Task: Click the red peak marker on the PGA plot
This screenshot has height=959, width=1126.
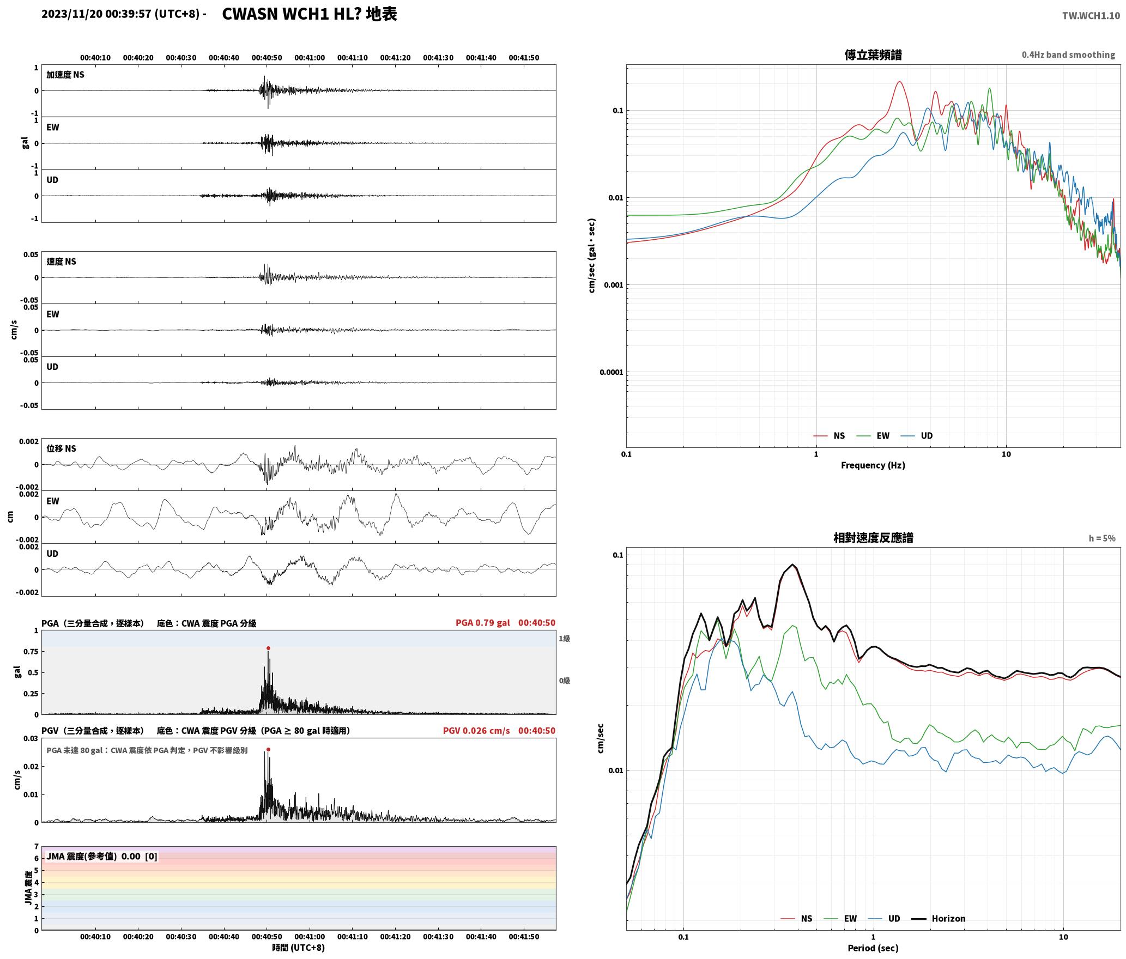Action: pyautogui.click(x=268, y=648)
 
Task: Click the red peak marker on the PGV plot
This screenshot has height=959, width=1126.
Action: pyautogui.click(x=268, y=750)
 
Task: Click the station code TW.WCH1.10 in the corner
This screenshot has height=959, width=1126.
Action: pyautogui.click(x=1091, y=16)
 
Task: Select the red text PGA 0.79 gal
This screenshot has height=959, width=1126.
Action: pyautogui.click(x=483, y=623)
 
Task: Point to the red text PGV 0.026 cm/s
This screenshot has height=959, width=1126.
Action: pyautogui.click(x=476, y=731)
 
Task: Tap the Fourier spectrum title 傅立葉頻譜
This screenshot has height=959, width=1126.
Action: pyautogui.click(x=873, y=54)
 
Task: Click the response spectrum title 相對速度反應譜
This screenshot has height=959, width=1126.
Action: pyautogui.click(x=873, y=538)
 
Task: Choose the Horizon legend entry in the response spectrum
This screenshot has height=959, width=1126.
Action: pyautogui.click(x=939, y=919)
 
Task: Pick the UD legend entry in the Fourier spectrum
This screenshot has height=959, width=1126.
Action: pyautogui.click(x=917, y=436)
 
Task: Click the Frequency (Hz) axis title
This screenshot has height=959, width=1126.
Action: pyautogui.click(x=873, y=465)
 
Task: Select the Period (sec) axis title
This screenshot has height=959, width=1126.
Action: pyautogui.click(x=873, y=948)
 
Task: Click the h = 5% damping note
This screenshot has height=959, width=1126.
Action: pyautogui.click(x=1102, y=538)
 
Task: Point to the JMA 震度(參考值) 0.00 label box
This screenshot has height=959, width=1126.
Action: pyautogui.click(x=102, y=857)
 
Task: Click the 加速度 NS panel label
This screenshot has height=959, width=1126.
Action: pyautogui.click(x=65, y=75)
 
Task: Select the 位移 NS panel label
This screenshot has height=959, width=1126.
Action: pyautogui.click(x=61, y=448)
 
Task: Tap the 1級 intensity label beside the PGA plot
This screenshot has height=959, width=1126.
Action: pyautogui.click(x=564, y=639)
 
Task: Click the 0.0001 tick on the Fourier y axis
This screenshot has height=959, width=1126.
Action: pyautogui.click(x=611, y=373)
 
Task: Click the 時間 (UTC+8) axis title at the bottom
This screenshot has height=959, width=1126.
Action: pyautogui.click(x=299, y=948)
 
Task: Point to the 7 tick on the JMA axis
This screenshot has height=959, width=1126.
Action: pyautogui.click(x=37, y=847)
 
